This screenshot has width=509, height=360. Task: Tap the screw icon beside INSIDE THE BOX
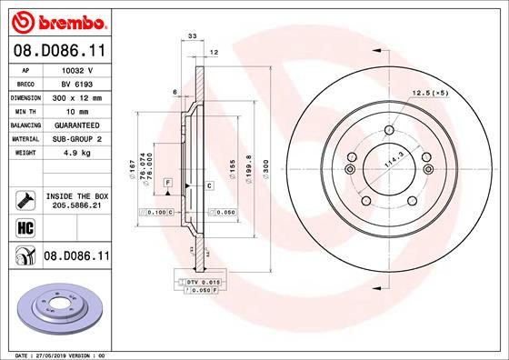[23, 200]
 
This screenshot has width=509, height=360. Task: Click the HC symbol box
[23, 227]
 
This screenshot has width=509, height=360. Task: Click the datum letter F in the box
[167, 184]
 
